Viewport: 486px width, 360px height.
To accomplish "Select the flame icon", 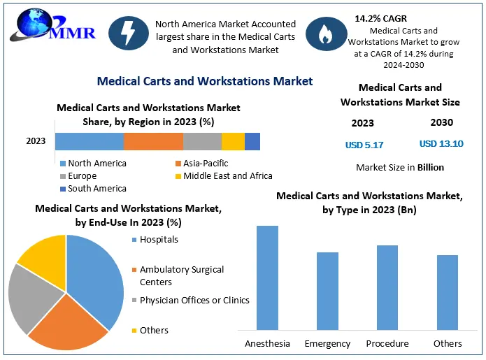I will [327, 36].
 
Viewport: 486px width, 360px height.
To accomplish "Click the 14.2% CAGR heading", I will [380, 17].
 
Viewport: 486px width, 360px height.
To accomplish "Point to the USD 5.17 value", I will [364, 145].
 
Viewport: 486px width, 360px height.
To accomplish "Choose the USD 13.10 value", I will [441, 144].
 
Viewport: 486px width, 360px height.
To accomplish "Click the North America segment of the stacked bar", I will [90, 141].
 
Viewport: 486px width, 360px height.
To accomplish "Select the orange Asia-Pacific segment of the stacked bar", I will [153, 141].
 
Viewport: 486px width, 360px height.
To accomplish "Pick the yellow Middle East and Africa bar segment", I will [233, 141].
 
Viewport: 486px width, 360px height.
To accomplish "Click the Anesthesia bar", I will [267, 277].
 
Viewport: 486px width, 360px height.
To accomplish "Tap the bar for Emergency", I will [327, 290].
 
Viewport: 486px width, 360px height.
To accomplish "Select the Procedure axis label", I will [387, 344].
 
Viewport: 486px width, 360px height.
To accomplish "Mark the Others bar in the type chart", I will [448, 291].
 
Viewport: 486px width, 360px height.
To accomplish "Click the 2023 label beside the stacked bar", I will [36, 141].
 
